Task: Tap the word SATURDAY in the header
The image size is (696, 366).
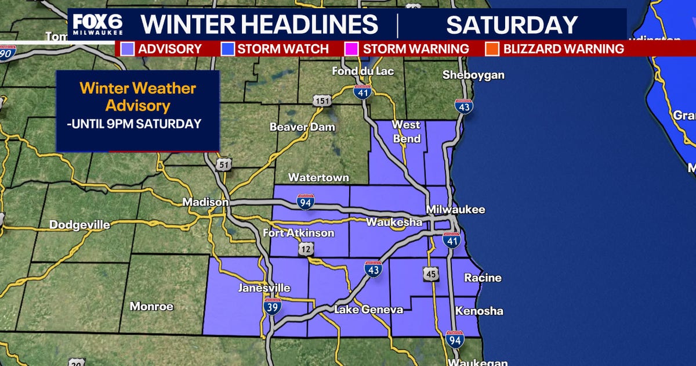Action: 512,25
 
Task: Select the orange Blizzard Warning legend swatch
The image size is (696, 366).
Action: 494,49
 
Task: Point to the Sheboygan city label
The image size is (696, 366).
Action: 473,75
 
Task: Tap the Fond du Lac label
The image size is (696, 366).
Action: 363,71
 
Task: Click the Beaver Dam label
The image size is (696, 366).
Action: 294,127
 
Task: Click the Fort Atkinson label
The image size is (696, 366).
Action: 299,233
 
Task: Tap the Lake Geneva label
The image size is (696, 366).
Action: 368,310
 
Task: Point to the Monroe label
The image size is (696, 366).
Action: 151,306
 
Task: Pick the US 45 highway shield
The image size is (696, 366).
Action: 430,274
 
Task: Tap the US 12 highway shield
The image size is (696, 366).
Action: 306,249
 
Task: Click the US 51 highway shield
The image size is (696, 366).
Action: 224,165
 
